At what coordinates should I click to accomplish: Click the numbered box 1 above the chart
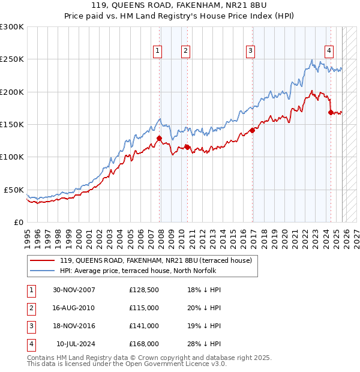pyautogui.click(x=157, y=52)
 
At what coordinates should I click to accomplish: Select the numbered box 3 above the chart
pyautogui.click(x=250, y=52)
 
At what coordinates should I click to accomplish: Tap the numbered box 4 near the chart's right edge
pyautogui.click(x=329, y=52)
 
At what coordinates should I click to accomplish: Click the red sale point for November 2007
pyautogui.click(x=160, y=139)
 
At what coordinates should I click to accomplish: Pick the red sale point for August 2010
pyautogui.click(x=187, y=147)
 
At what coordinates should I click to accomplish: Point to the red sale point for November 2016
pyautogui.click(x=252, y=130)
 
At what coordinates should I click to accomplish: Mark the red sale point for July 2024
pyautogui.click(x=331, y=112)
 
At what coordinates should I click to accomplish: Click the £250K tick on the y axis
pyautogui.click(x=12, y=59)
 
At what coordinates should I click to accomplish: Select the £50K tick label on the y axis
pyautogui.click(x=14, y=190)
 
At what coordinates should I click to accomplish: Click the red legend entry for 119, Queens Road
pyautogui.click(x=158, y=260)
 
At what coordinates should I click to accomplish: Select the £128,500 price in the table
pyautogui.click(x=144, y=290)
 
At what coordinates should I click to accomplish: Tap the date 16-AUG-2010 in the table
pyautogui.click(x=74, y=308)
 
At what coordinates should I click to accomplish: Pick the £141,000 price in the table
pyautogui.click(x=144, y=326)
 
